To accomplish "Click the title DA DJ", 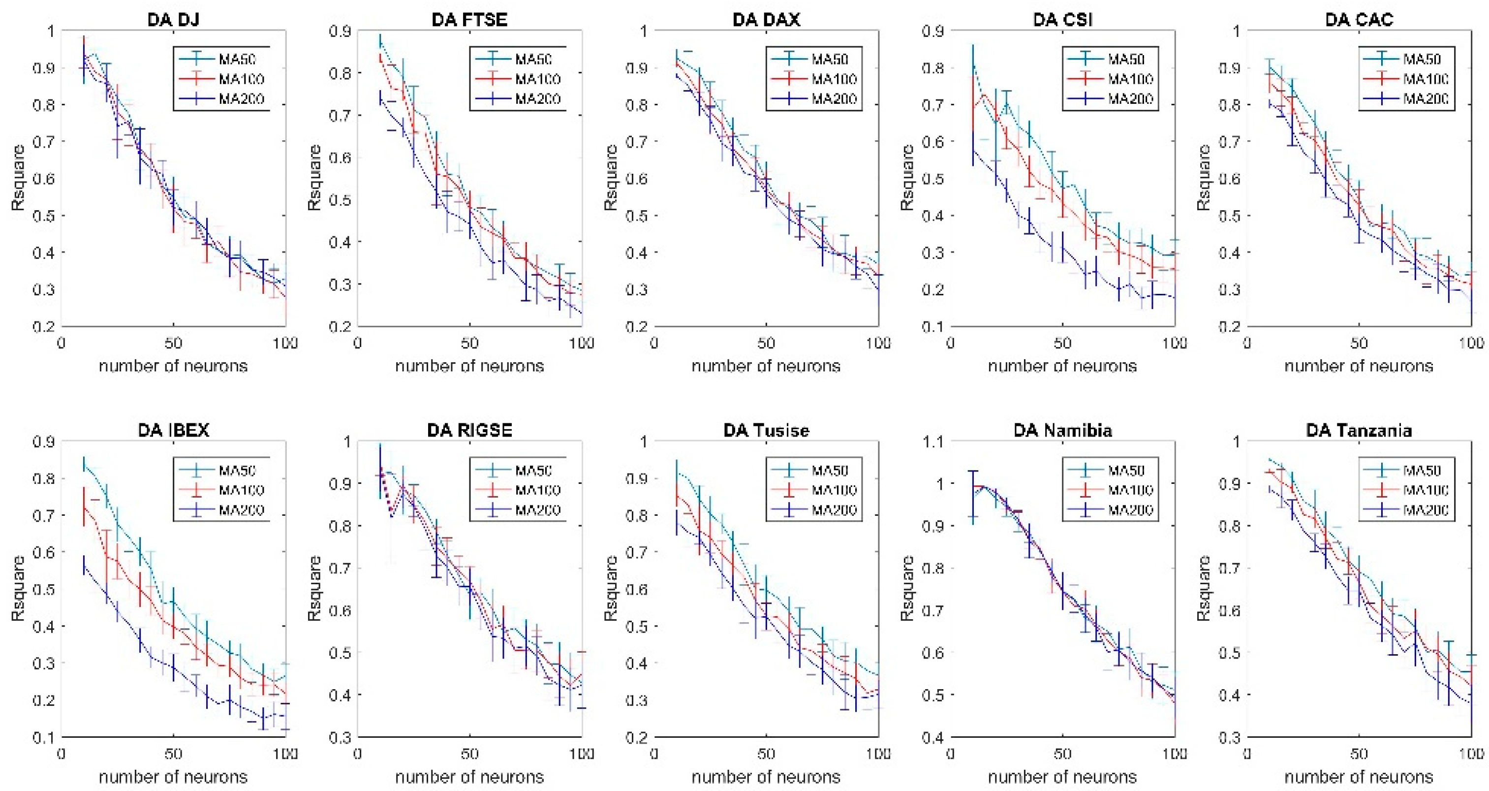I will click(x=173, y=20).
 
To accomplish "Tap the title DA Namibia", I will click(x=1062, y=430).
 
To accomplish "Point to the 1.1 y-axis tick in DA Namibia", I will click(x=933, y=442).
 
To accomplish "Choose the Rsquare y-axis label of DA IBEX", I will click(x=19, y=589).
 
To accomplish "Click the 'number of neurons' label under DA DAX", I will click(x=765, y=366).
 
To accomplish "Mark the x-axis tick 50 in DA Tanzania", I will click(x=1359, y=755).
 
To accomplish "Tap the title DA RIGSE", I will click(x=469, y=430).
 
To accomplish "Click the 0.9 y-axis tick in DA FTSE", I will click(x=340, y=31).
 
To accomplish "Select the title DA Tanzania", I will click(x=1359, y=430).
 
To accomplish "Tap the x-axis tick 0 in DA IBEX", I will click(x=62, y=755).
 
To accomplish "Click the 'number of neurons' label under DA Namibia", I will click(x=1062, y=777).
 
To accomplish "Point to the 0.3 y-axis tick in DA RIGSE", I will click(x=340, y=737).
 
